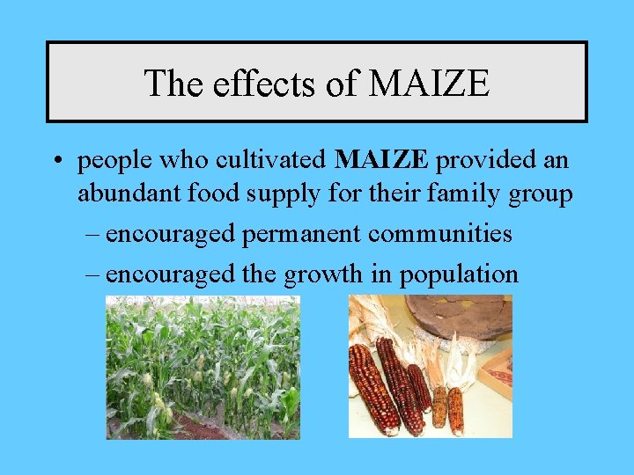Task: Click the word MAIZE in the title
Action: (430, 84)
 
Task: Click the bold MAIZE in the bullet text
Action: (382, 161)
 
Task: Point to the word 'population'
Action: (459, 275)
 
